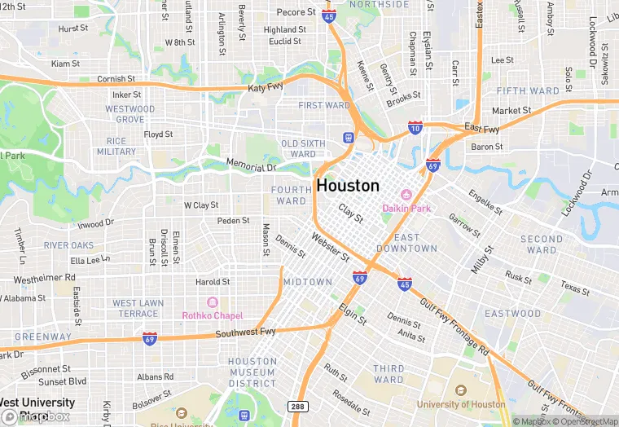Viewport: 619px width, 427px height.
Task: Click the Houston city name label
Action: (348, 186)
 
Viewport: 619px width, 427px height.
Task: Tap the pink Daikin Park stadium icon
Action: (406, 195)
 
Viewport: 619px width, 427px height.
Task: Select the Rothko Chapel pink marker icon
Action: (213, 302)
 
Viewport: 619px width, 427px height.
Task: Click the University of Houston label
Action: (461, 404)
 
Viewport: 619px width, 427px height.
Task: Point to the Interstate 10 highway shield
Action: (415, 128)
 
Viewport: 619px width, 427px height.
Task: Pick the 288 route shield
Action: (296, 406)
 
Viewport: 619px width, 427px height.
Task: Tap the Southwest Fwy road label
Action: (245, 332)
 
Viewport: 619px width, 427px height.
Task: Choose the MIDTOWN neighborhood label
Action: (307, 282)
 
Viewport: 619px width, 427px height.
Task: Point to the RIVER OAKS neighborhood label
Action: (69, 245)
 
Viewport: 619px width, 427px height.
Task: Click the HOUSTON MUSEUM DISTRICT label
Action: (252, 372)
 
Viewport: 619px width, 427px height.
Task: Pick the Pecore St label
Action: (296, 12)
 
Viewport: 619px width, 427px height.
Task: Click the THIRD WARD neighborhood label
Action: (389, 374)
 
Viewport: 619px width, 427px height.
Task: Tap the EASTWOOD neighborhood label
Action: (512, 313)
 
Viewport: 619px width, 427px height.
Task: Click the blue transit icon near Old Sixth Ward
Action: (348, 137)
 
